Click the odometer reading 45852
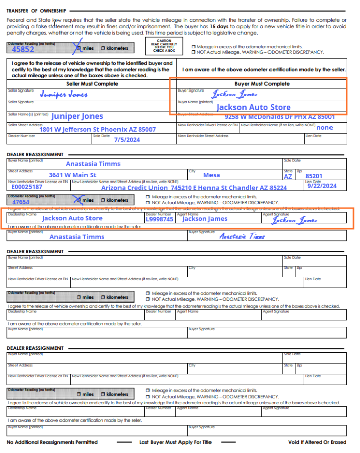point(23,50)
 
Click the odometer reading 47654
point(21,202)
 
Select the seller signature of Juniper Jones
point(64,94)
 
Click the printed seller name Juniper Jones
point(77,116)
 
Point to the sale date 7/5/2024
point(127,139)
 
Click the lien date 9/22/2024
point(322,186)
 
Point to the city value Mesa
point(212,175)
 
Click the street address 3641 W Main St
point(73,175)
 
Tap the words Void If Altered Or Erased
point(317,442)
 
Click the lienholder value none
point(324,128)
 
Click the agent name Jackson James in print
point(205,219)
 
